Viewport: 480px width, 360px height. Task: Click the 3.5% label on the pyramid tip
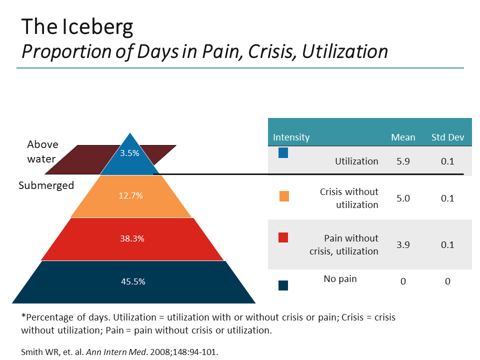[130, 153]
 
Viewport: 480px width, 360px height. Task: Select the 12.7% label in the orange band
[130, 195]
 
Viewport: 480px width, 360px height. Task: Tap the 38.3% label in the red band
[132, 238]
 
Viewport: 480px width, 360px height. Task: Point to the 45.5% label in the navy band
[133, 281]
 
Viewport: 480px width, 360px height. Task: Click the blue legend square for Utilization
[283, 153]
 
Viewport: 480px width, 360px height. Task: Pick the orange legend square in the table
[284, 196]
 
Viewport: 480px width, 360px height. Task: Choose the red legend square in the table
[283, 238]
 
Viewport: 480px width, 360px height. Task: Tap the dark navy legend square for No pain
[283, 285]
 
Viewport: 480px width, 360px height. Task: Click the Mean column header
[403, 137]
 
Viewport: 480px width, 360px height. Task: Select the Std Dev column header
[448, 137]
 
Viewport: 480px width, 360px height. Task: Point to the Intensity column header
[291, 137]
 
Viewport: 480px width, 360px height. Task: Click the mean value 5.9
[403, 161]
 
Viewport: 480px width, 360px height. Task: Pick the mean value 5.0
[403, 198]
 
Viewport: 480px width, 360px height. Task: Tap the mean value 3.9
[403, 244]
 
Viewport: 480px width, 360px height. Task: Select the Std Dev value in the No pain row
[447, 281]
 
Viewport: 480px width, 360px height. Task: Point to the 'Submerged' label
[46, 185]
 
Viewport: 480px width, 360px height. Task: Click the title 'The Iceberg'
[77, 27]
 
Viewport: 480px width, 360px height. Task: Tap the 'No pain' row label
[340, 278]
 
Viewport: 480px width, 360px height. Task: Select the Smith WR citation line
[120, 351]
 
